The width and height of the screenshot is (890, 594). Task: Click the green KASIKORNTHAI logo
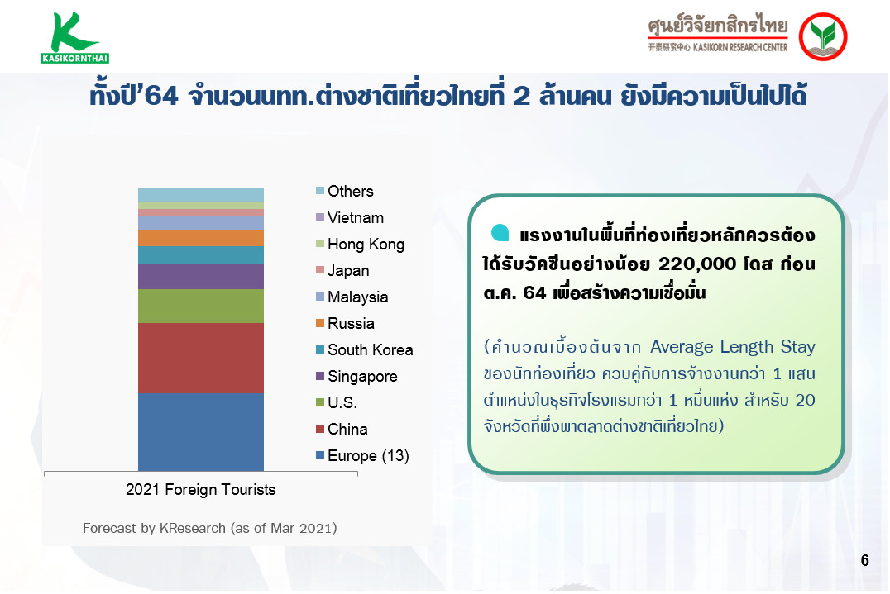pyautogui.click(x=74, y=37)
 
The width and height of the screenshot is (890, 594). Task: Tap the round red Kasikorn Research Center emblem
pyautogui.click(x=822, y=37)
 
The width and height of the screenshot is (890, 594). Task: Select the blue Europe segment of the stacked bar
pyautogui.click(x=201, y=431)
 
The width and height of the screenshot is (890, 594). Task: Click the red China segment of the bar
pyautogui.click(x=201, y=358)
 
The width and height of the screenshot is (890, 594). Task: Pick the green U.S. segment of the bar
pyautogui.click(x=201, y=306)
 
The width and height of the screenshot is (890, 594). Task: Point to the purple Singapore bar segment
pyautogui.click(x=201, y=277)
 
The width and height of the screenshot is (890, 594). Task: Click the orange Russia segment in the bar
pyautogui.click(x=201, y=238)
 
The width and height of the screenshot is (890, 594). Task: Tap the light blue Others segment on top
pyautogui.click(x=201, y=194)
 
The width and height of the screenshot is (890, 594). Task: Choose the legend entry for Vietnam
pyautogui.click(x=350, y=217)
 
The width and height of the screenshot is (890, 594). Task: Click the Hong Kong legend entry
pyautogui.click(x=360, y=245)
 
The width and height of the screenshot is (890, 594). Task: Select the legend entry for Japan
pyautogui.click(x=342, y=271)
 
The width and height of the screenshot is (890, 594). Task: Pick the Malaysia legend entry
pyautogui.click(x=352, y=297)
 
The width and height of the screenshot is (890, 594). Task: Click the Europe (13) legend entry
pyautogui.click(x=362, y=456)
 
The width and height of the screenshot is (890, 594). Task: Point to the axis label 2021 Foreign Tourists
pyautogui.click(x=200, y=490)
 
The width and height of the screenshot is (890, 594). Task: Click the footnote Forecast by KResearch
pyautogui.click(x=209, y=528)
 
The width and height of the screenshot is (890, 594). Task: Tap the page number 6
pyautogui.click(x=864, y=561)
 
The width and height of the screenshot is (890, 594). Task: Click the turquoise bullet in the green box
pyautogui.click(x=500, y=233)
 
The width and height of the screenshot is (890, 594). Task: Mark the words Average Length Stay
pyautogui.click(x=732, y=346)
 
